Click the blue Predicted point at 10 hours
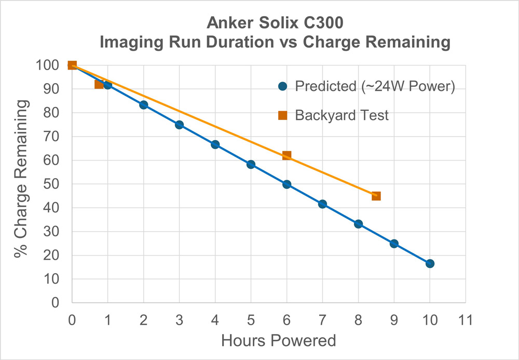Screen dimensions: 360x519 click(x=430, y=263)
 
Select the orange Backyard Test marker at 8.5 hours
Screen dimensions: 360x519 click(x=376, y=196)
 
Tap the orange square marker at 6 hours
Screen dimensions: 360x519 click(x=286, y=155)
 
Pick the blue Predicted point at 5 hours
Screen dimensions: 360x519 click(x=251, y=164)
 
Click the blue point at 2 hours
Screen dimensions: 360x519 click(x=144, y=105)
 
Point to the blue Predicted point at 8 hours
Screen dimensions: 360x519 click(x=358, y=224)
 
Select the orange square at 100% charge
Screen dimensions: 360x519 click(x=72, y=65)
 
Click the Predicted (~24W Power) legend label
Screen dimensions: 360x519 click(x=375, y=86)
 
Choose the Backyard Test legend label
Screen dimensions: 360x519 click(x=342, y=115)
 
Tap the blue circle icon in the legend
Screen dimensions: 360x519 click(x=282, y=86)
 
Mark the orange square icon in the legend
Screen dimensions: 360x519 click(x=282, y=115)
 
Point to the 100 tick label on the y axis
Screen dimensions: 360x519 click(x=50, y=65)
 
